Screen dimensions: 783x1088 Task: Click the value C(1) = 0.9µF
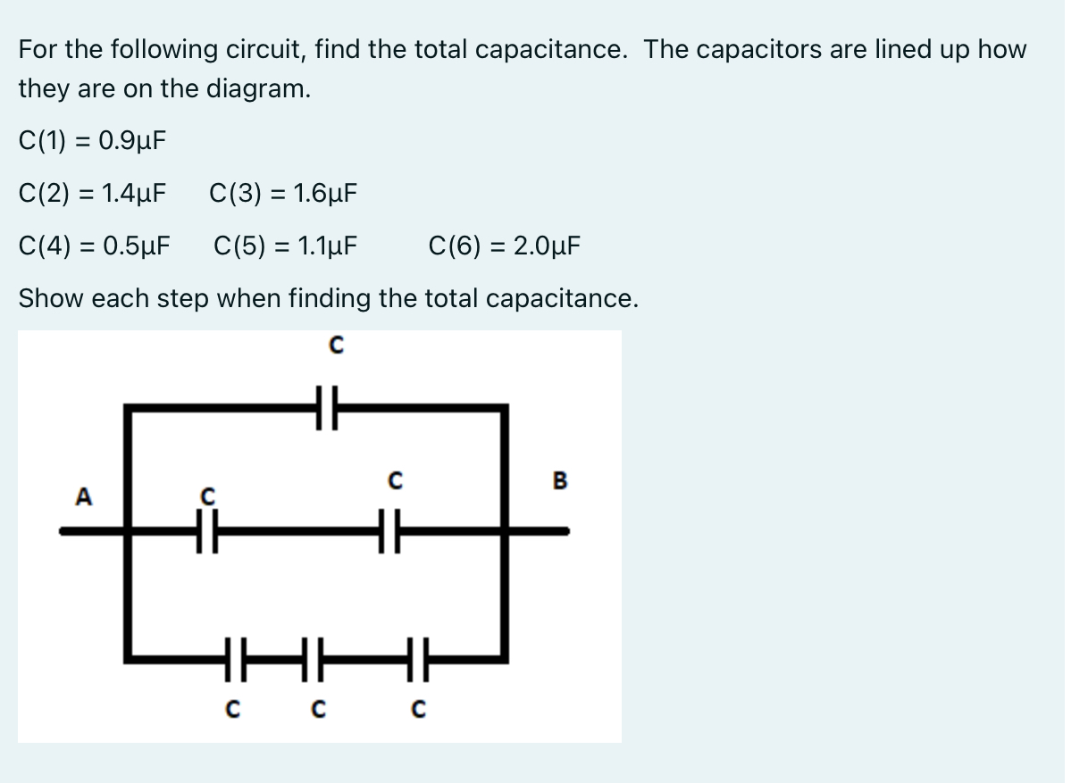coord(92,141)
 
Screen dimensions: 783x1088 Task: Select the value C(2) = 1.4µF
coord(92,193)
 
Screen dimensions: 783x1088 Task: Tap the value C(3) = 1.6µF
coord(283,193)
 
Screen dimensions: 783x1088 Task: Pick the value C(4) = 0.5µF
coord(96,245)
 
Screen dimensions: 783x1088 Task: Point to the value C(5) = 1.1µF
coord(286,245)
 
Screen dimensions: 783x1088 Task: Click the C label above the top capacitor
coord(335,346)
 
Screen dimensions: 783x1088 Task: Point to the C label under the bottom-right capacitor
coord(416,711)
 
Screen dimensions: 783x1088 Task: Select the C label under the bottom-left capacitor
coord(231,711)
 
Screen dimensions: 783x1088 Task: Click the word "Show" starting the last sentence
coord(50,298)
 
